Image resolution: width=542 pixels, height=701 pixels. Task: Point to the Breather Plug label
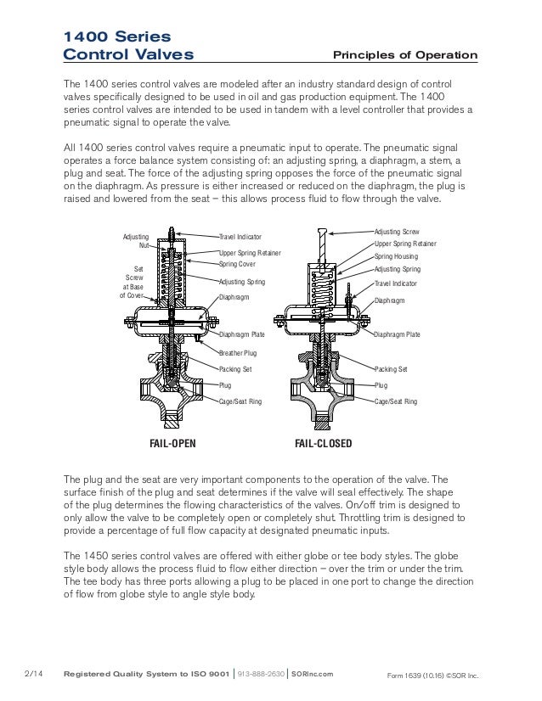coord(238,353)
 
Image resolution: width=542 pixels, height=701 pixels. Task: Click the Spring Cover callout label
coord(237,265)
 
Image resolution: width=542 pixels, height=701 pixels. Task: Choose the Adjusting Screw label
coord(397,232)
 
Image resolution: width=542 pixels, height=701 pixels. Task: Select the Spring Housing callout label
coord(395,256)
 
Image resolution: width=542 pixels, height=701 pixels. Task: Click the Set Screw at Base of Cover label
coord(134,281)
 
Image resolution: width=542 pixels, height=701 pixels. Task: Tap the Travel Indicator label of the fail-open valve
coord(240,237)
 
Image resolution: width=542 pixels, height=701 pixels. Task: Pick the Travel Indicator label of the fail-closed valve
coord(395,283)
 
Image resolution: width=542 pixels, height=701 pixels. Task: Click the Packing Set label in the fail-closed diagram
coord(391,369)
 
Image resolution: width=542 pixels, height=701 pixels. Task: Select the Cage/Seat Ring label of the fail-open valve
coord(240,401)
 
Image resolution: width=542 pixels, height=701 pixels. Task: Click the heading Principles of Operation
coord(404,56)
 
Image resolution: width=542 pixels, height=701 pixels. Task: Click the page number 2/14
coord(33,674)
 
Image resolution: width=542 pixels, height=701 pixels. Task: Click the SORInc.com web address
coord(312,675)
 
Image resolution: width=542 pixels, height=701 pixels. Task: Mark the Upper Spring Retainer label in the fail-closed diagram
coord(405,244)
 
